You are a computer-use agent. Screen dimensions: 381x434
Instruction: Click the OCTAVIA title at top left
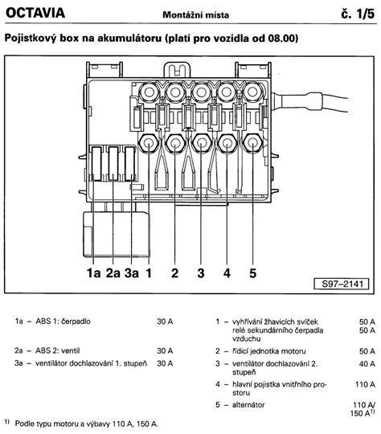coord(35,13)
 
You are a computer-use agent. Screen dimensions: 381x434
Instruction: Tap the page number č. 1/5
coord(358,14)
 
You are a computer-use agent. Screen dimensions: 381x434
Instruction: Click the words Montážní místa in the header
coord(196,14)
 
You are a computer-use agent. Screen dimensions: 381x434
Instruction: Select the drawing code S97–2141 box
coord(342,284)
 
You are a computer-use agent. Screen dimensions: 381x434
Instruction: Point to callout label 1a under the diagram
coord(93,273)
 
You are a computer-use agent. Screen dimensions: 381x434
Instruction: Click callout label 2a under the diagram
coord(113,273)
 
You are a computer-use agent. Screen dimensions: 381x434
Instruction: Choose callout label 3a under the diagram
coord(132,273)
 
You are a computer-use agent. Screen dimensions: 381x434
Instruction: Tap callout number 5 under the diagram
coord(252,273)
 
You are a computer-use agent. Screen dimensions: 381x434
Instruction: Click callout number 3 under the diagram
coord(201,273)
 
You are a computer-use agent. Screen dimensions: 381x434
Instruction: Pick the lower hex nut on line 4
coord(227,143)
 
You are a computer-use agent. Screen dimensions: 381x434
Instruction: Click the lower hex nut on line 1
coord(149,143)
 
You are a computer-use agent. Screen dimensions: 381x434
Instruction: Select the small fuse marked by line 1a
coord(96,164)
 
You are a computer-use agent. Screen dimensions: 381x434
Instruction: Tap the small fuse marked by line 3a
coord(129,164)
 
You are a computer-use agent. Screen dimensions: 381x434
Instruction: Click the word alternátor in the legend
coord(248,405)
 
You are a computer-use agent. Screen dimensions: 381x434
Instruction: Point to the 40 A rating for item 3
coord(367,364)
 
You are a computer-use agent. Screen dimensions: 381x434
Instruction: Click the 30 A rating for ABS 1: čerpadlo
coord(165,321)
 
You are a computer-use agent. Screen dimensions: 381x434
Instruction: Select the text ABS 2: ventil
coord(57,350)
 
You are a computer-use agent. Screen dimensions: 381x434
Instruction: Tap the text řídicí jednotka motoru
coord(268,351)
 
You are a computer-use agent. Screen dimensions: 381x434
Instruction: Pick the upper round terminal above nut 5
coord(252,92)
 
